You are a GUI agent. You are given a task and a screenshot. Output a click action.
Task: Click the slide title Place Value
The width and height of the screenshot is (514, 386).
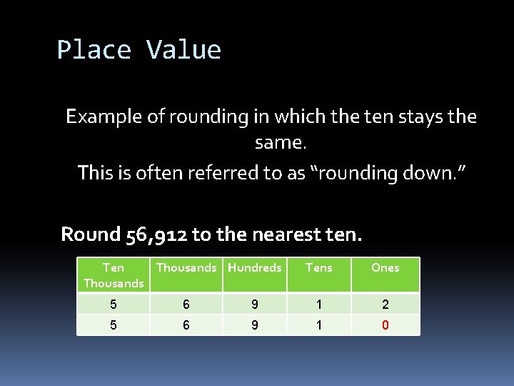click(139, 50)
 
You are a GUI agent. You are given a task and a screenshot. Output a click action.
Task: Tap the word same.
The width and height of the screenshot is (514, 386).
click(280, 143)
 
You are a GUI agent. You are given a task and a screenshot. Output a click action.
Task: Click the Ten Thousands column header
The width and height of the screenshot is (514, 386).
click(114, 275)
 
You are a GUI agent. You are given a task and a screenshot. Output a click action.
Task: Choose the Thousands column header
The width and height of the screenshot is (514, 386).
click(186, 267)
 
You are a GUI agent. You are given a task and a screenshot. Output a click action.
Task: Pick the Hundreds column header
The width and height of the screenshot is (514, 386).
click(255, 267)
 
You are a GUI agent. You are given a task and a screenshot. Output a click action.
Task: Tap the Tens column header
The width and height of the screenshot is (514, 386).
click(318, 267)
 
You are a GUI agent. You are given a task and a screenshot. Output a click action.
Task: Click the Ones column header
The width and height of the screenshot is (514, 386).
click(385, 267)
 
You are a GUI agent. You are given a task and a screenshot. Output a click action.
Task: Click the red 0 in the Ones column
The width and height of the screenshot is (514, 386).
click(385, 325)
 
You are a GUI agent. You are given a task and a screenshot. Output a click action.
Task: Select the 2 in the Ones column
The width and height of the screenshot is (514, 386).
click(385, 305)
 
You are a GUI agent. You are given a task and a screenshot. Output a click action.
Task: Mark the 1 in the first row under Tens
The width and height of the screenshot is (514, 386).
click(318, 305)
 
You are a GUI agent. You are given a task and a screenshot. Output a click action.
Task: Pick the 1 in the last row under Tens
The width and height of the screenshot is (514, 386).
click(318, 325)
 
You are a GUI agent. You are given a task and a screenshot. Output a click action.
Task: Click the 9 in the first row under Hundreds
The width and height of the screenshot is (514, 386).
click(255, 305)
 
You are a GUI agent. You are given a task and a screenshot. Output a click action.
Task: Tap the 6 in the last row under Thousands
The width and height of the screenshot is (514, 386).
click(186, 325)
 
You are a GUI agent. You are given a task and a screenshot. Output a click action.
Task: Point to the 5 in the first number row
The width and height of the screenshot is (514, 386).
click(114, 305)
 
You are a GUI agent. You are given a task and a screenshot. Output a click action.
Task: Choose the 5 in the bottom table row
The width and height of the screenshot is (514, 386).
click(114, 325)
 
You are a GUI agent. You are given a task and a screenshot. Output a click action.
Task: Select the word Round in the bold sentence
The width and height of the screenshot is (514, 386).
click(84, 234)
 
